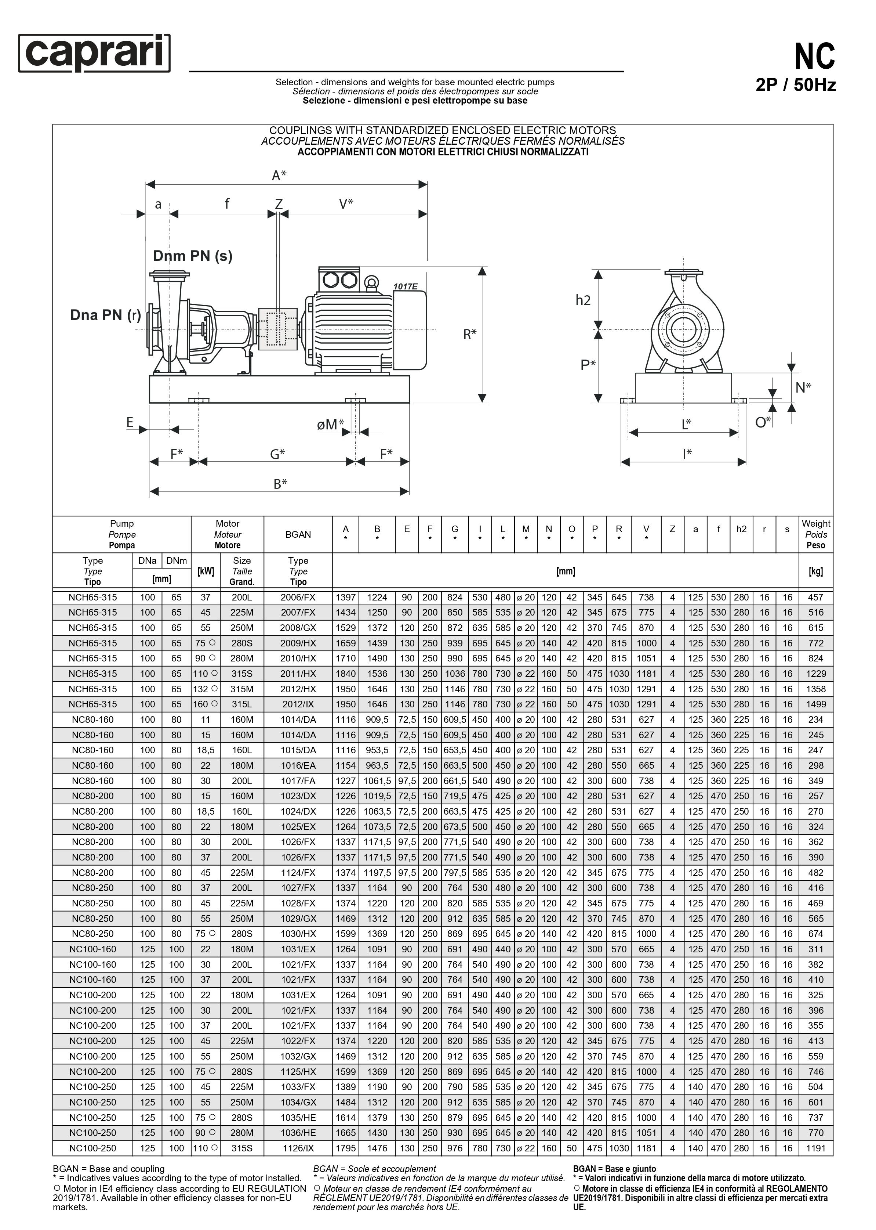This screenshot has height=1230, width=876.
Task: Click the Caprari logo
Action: tap(94, 53)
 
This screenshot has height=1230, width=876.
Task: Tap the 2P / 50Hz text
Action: tap(796, 85)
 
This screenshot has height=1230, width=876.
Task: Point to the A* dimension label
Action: tap(279, 176)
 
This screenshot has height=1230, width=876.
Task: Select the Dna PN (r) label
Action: tap(106, 315)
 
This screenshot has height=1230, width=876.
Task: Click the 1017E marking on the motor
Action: tap(405, 286)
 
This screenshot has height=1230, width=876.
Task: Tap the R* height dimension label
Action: tap(470, 334)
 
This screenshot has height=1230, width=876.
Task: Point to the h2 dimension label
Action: tap(583, 300)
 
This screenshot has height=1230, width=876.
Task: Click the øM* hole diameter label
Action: tap(330, 425)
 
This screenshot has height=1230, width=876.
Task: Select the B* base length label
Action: tap(280, 484)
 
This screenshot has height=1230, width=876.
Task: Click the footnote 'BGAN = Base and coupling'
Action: tap(108, 1169)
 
